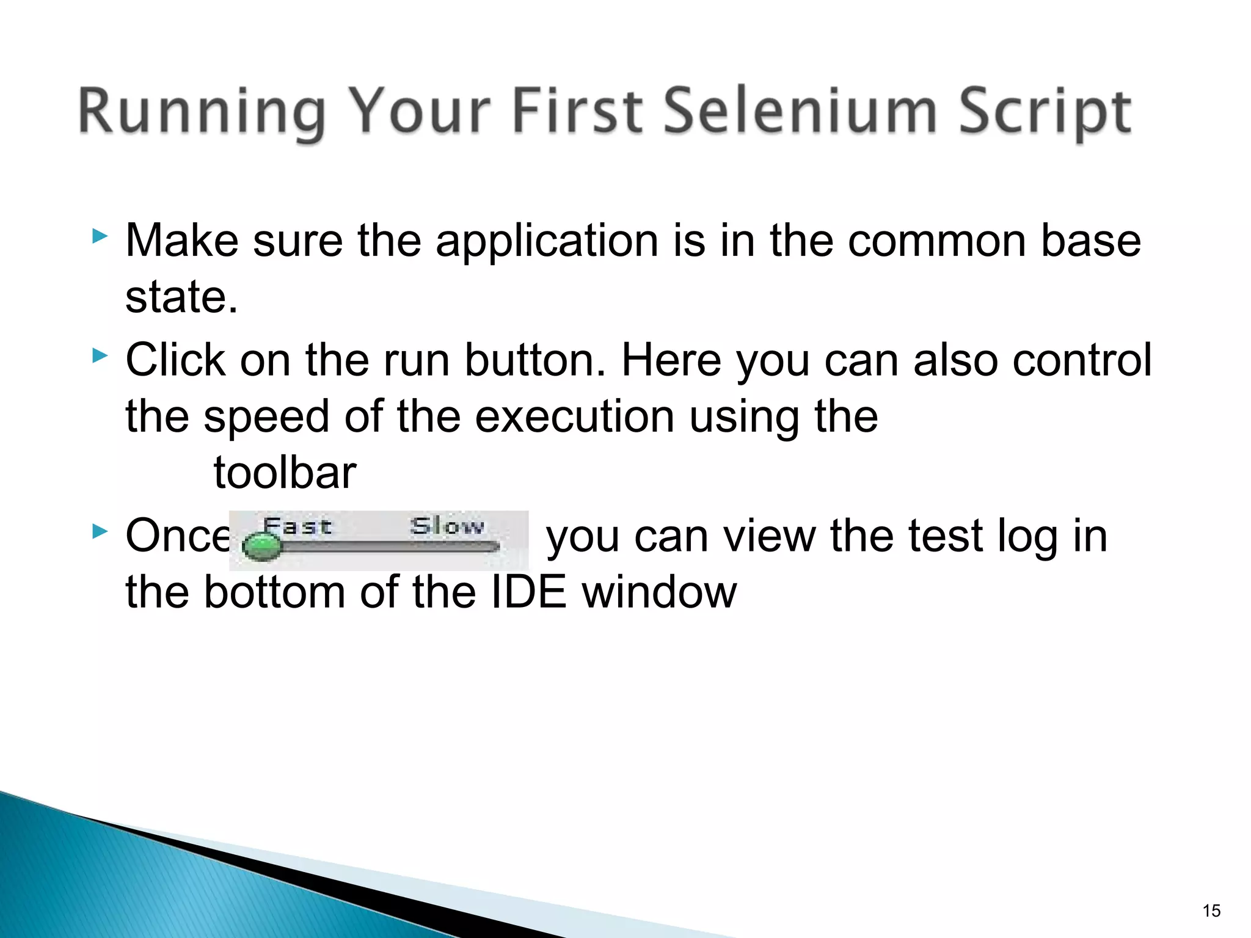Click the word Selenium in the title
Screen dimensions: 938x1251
pyautogui.click(x=800, y=111)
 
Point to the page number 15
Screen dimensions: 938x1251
pyautogui.click(x=1211, y=911)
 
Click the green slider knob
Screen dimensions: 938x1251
pyautogui.click(x=262, y=545)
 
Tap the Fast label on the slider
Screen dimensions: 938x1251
pyautogui.click(x=297, y=526)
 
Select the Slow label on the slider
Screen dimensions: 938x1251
pyautogui.click(x=447, y=526)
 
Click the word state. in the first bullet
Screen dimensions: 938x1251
pyautogui.click(x=181, y=297)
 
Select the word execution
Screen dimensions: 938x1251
pyautogui.click(x=575, y=416)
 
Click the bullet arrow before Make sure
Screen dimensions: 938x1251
pyautogui.click(x=100, y=236)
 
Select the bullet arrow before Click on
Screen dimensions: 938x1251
pyautogui.click(x=100, y=355)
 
